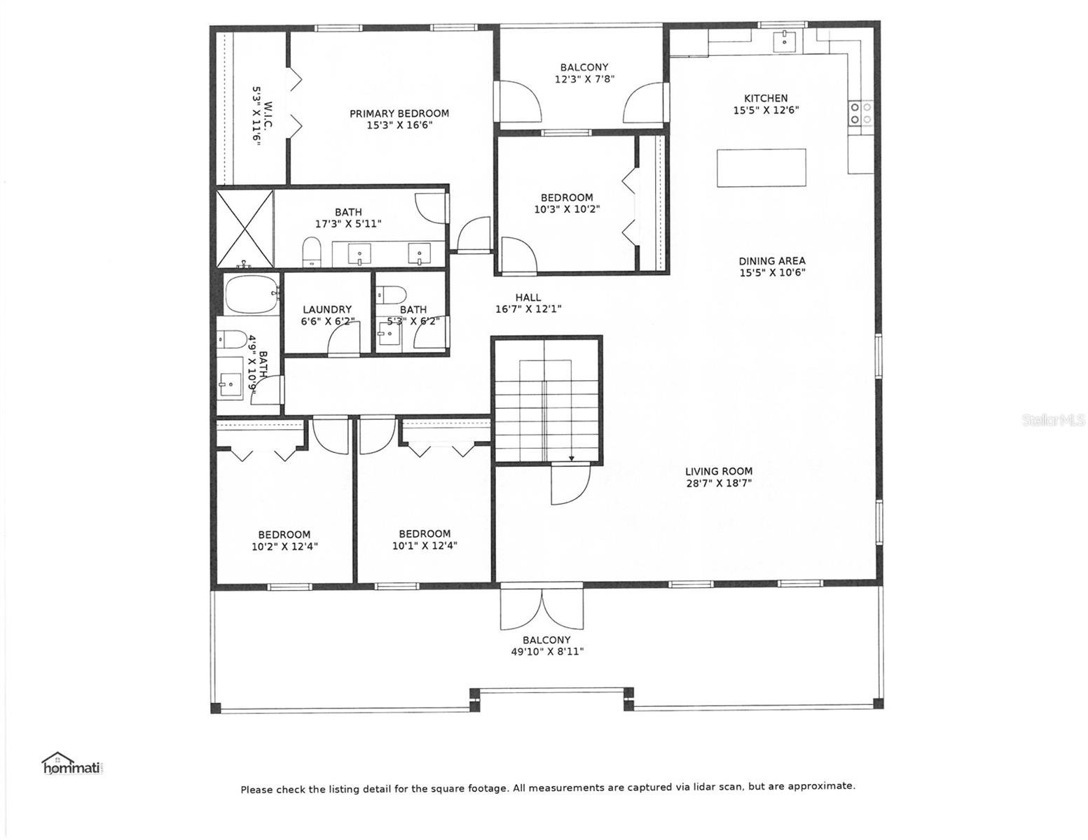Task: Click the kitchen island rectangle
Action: [761, 167]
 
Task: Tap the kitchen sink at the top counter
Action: [784, 41]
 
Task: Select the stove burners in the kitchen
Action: [860, 113]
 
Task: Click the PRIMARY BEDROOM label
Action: [399, 113]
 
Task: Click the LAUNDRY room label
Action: [327, 309]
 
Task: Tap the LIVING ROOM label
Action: [719, 471]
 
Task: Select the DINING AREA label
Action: [772, 260]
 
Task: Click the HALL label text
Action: [528, 297]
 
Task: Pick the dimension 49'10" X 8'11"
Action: [546, 652]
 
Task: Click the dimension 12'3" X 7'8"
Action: [584, 78]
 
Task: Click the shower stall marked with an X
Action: [245, 228]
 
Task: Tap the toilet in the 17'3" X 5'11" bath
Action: [312, 251]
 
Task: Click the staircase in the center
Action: [545, 400]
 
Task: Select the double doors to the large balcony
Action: [542, 606]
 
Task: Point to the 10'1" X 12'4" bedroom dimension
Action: [425, 545]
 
